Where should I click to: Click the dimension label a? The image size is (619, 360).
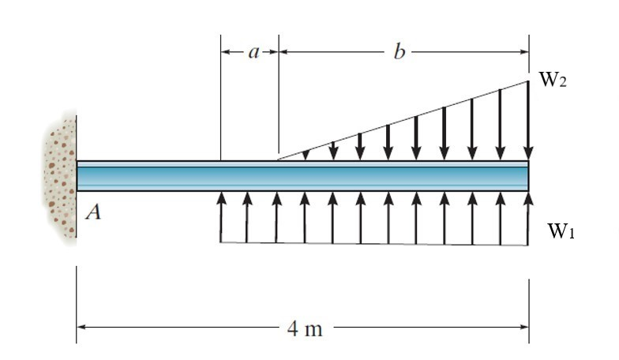pyautogui.click(x=253, y=52)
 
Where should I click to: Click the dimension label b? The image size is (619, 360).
pyautogui.click(x=399, y=52)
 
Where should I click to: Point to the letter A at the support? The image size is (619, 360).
pyautogui.click(x=92, y=212)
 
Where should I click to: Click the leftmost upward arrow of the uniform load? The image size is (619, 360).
pyautogui.click(x=220, y=217)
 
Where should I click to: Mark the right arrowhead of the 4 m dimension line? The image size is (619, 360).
pyautogui.click(x=524, y=327)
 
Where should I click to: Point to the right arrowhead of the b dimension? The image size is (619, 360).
pyautogui.click(x=524, y=52)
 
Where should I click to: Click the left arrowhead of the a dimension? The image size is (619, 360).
pyautogui.click(x=225, y=52)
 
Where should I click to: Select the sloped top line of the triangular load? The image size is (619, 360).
pyautogui.click(x=403, y=120)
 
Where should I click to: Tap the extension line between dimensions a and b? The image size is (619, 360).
pyautogui.click(x=279, y=103)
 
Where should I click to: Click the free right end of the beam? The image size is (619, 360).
pyautogui.click(x=527, y=175)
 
